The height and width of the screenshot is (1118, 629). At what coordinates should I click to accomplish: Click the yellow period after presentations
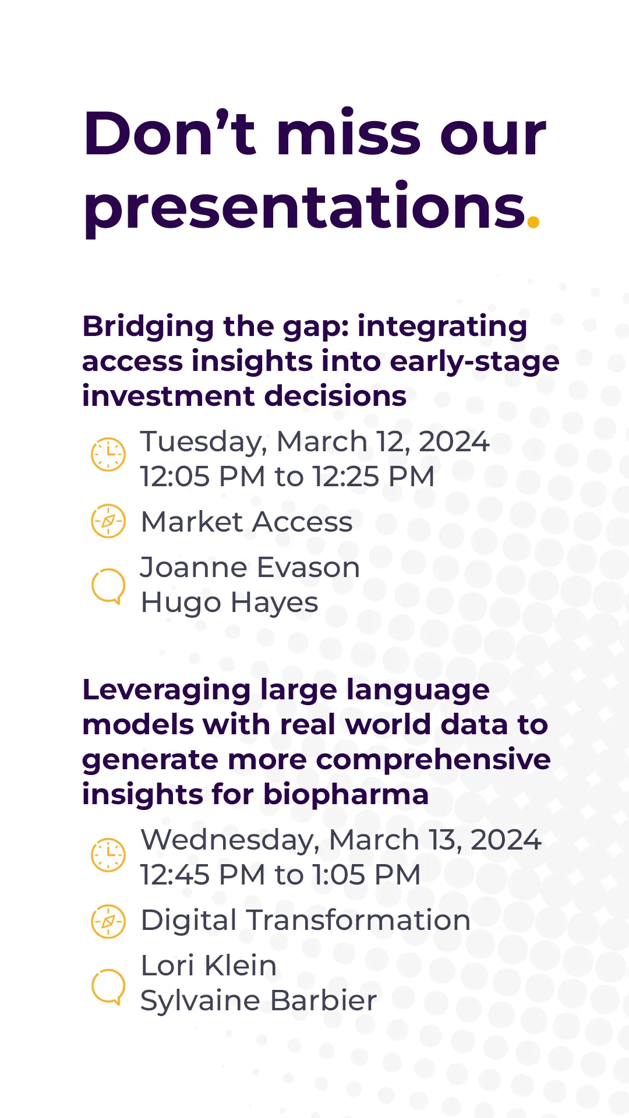533,221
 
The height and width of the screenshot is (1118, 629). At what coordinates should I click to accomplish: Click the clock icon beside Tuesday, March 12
108,454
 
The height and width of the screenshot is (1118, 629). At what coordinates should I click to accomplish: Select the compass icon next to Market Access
108,521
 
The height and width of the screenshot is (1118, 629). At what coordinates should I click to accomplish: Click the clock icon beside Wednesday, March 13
108,855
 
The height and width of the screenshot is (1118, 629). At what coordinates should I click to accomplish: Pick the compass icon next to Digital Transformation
108,922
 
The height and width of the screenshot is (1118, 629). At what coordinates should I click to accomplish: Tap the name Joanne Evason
250,568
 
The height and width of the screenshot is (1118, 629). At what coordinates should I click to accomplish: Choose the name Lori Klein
209,966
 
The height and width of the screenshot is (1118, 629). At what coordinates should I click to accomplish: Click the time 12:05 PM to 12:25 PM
287,477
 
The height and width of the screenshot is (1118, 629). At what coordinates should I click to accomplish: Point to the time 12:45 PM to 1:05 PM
280,875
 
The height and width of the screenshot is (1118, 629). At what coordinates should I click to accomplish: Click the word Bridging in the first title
148,327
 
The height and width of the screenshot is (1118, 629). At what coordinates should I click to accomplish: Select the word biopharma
346,795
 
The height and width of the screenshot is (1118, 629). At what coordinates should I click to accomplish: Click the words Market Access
247,522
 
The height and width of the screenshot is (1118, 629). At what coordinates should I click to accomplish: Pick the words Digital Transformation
306,921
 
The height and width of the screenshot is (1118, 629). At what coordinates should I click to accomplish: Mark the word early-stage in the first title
475,362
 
